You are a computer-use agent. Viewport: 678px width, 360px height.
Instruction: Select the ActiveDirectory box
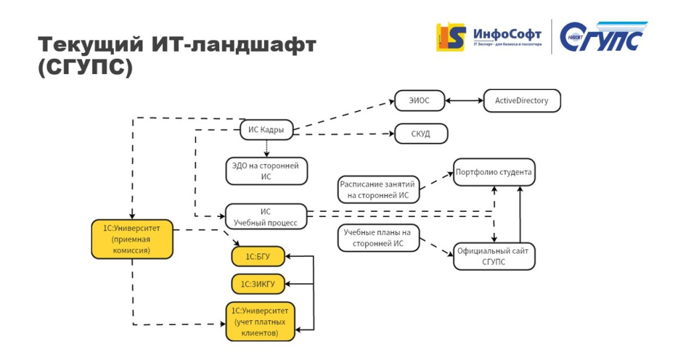pos(522,101)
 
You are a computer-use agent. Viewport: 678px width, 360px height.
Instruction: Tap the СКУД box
pos(421,134)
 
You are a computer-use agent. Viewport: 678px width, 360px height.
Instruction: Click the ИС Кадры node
pos(266,130)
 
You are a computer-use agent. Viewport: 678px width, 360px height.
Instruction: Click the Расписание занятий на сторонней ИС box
pos(377,190)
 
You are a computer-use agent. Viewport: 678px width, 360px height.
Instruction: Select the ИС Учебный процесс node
pos(266,216)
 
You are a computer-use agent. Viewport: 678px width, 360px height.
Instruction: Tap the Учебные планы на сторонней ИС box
pos(377,238)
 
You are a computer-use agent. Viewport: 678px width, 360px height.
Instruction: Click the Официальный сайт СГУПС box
pos(494,256)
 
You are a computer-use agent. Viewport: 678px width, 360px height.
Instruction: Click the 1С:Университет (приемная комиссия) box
pos(132,239)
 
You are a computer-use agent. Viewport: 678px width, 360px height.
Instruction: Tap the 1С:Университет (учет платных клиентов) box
pos(260,321)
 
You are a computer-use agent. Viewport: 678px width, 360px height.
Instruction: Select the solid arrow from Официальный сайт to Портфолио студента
pos(520,215)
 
